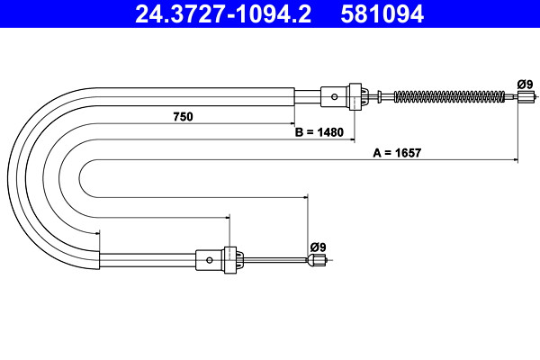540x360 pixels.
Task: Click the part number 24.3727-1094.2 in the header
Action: coord(223,13)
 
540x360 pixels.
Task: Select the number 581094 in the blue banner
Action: coord(382,13)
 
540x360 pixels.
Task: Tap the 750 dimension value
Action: coord(184,117)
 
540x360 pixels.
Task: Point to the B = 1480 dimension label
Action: coord(319,132)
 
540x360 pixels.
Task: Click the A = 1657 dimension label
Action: coord(397,153)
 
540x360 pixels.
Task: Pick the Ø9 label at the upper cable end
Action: coord(525,85)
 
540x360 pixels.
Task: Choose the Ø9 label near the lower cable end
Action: coord(318,247)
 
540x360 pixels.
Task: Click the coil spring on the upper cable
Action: coord(449,96)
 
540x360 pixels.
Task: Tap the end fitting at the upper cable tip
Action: coord(526,96)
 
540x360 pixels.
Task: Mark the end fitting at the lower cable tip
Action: coord(316,260)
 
